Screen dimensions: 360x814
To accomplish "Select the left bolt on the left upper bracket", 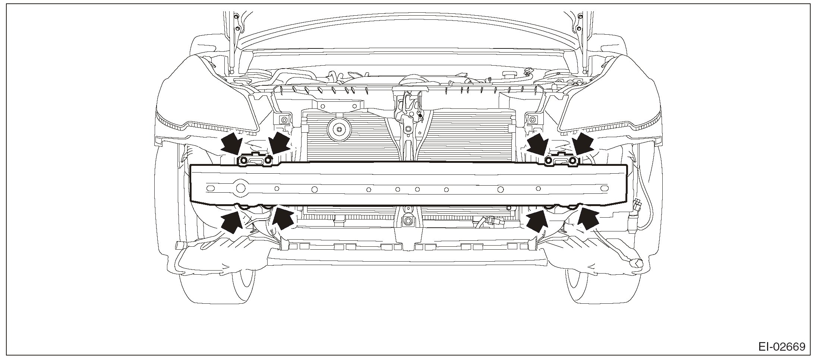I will pyautogui.click(x=243, y=161).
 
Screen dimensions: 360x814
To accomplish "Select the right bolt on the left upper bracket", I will pyautogui.click(x=268, y=161).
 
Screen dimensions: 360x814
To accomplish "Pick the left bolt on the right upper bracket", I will pyautogui.click(x=549, y=161).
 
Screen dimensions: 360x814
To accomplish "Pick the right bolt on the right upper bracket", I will pyautogui.click(x=573, y=161).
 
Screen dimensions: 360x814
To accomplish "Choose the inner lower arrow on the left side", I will pyautogui.click(x=283, y=219).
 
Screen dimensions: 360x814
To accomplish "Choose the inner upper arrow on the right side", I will pyautogui.click(x=538, y=145).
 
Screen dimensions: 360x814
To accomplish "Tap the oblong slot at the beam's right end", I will pyautogui.click(x=603, y=189).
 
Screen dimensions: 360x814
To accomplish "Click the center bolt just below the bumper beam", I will pyautogui.click(x=408, y=221).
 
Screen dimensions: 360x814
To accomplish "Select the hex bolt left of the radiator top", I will pyautogui.click(x=284, y=120).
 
